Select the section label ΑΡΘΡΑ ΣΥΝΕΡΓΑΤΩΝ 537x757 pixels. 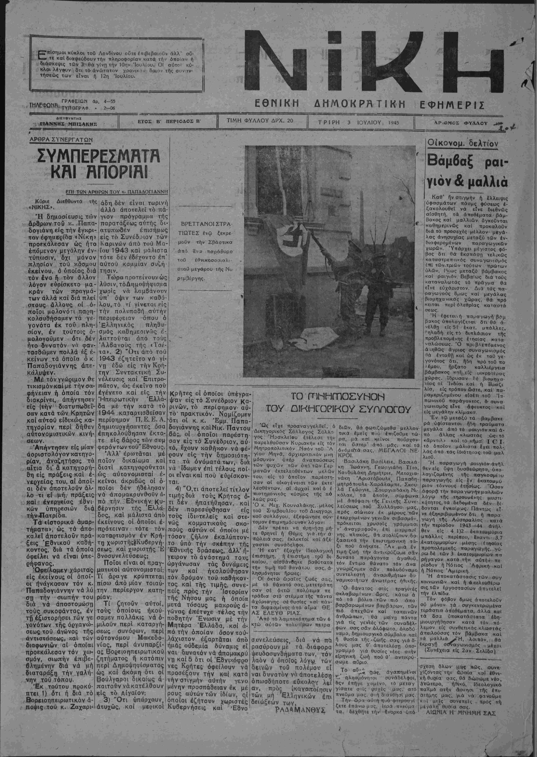pos(61,140)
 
